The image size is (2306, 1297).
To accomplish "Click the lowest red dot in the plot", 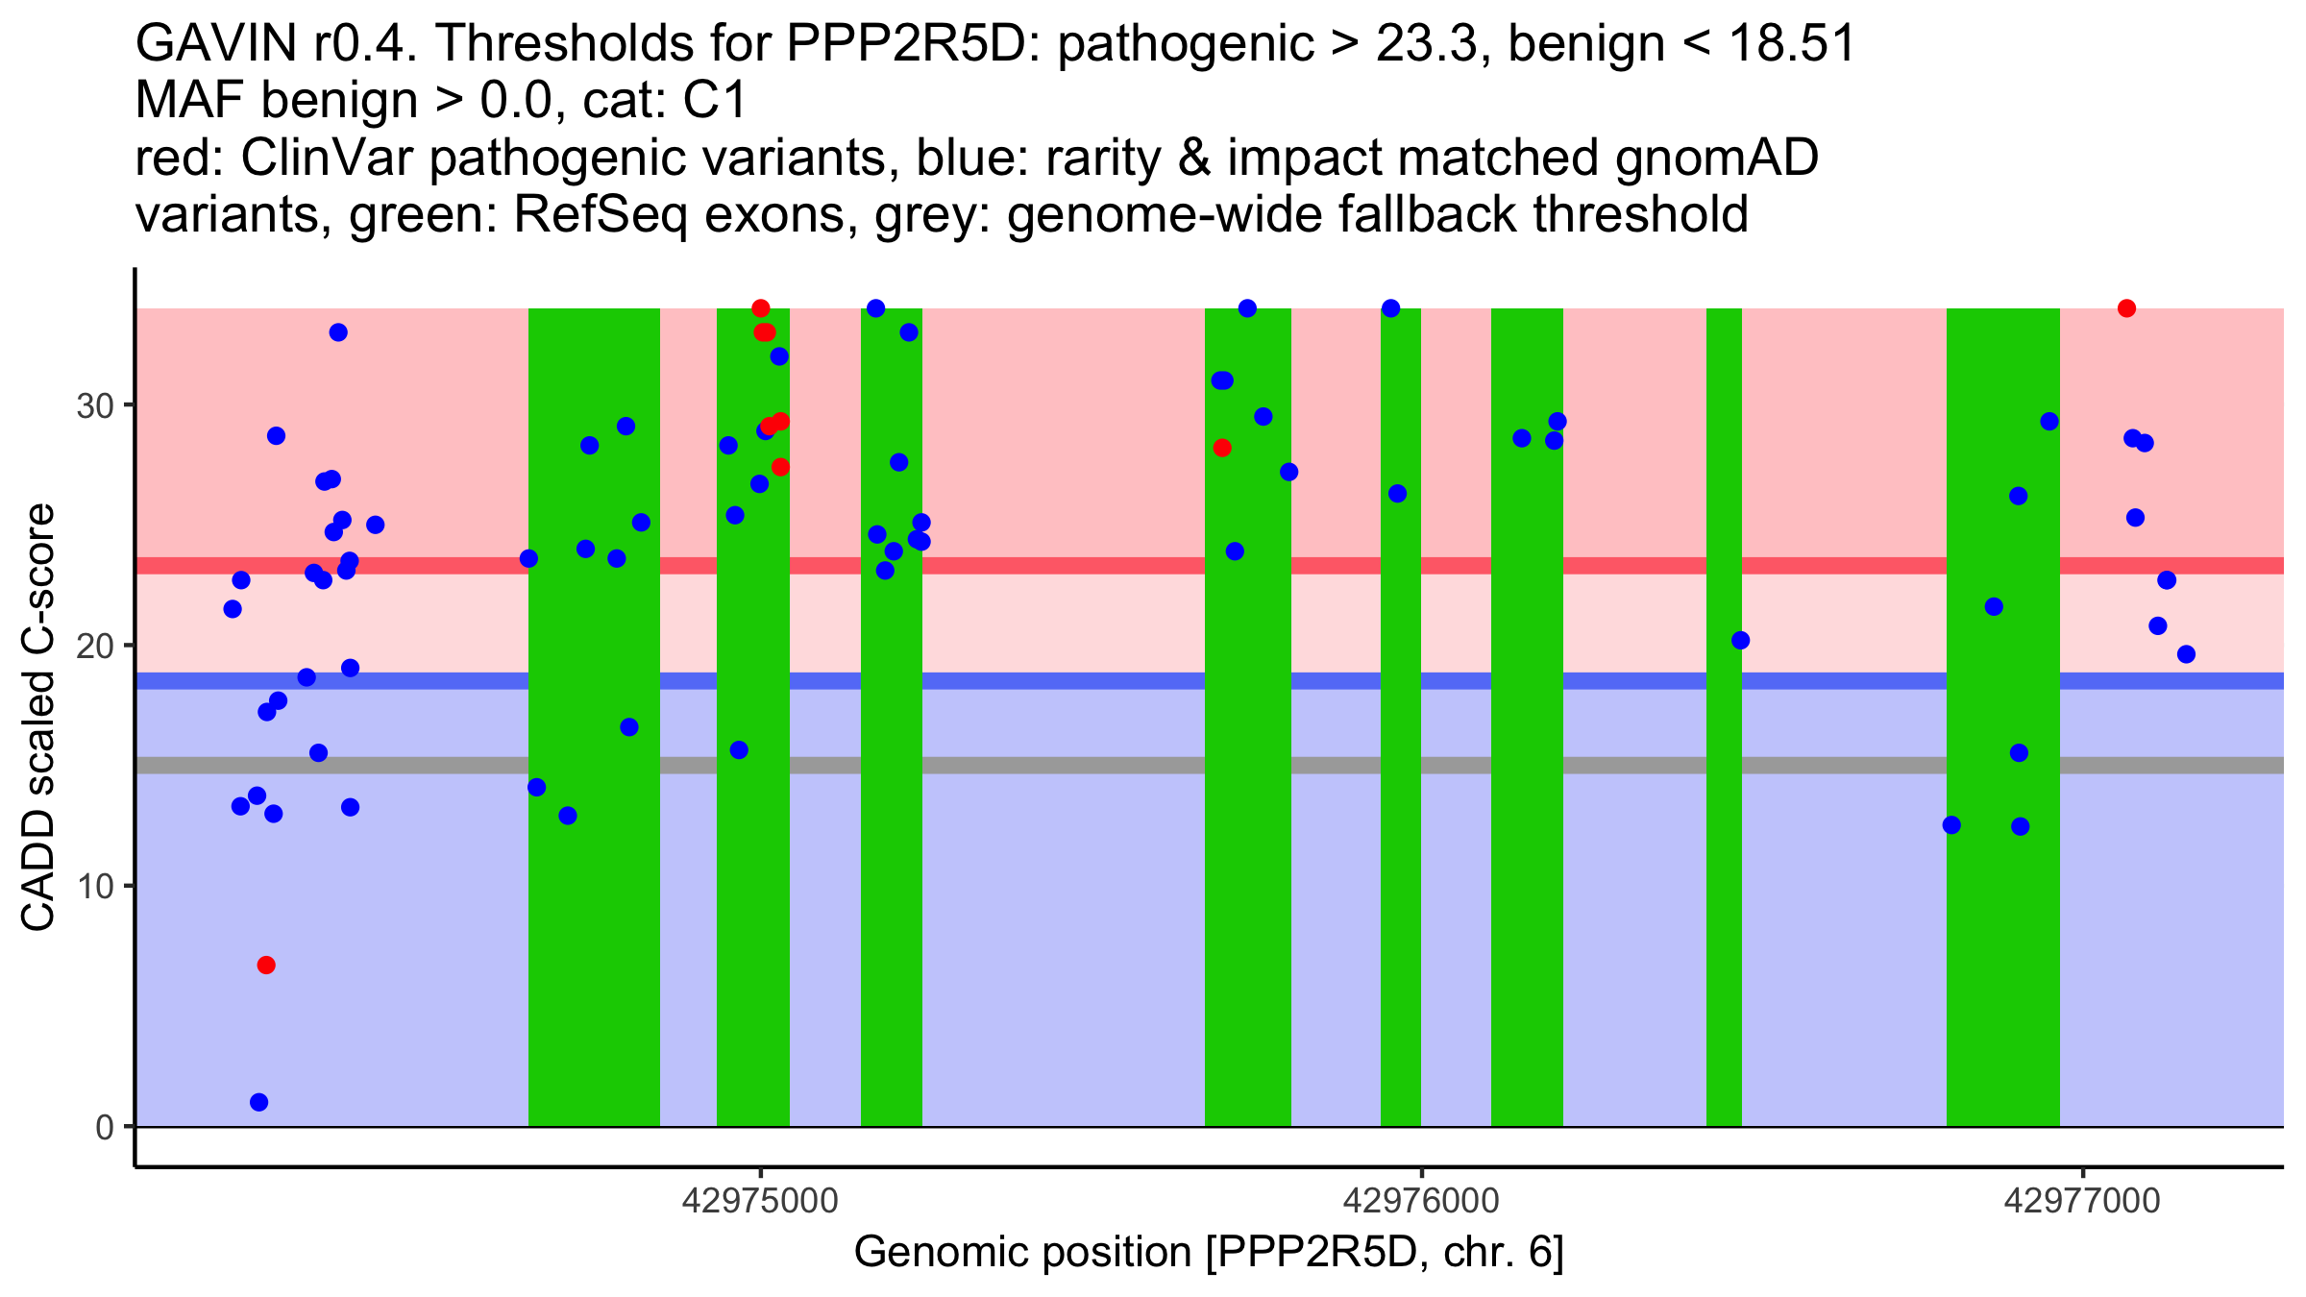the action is (266, 965).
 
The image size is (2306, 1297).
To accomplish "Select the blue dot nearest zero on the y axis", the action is (258, 1102).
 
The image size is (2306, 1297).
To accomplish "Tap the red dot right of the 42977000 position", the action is (2126, 308).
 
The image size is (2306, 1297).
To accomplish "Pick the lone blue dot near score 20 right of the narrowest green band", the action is (1740, 640).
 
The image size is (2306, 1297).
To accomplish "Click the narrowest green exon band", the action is (1724, 717).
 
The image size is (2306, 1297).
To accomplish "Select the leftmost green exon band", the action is (594, 717).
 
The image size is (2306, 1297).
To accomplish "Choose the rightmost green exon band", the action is (2003, 717).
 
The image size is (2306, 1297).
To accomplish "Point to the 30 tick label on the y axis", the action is (95, 405).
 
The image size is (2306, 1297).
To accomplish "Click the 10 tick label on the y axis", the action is (95, 886).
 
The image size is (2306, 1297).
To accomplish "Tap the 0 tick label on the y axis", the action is (105, 1127).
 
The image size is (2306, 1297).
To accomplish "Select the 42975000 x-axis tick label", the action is (760, 1201).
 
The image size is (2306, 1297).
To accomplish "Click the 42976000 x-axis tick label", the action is (1421, 1201).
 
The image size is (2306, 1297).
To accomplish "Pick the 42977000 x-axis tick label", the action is (2082, 1201).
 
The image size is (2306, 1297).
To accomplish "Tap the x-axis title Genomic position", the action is (1209, 1253).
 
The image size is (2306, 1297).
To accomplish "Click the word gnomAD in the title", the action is (1716, 158).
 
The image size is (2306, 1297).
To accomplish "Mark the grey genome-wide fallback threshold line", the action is (1210, 765).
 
